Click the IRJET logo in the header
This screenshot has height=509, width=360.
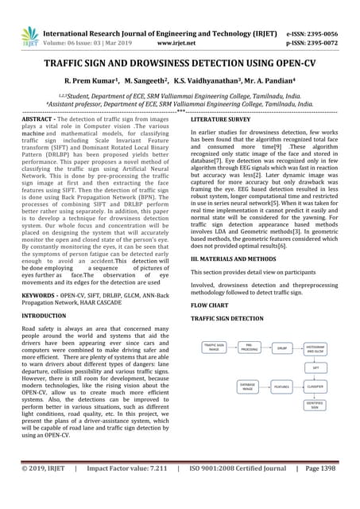coord(29,35)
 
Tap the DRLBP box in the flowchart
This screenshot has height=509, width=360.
coord(283,348)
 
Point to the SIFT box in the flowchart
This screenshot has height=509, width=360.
coord(315,368)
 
